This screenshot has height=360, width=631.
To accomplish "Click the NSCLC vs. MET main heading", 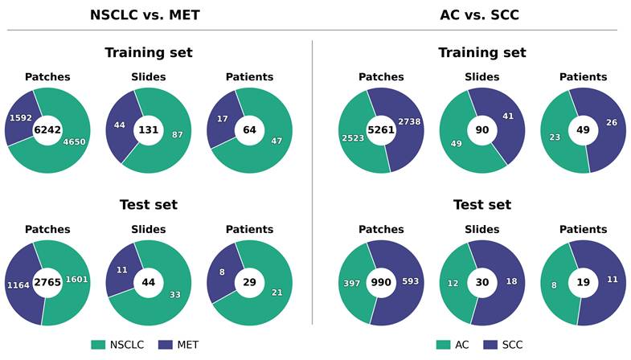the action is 145,15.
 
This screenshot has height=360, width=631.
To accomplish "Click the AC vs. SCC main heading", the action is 479,15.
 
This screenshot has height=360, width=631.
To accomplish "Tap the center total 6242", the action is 47,130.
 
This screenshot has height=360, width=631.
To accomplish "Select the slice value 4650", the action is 75,141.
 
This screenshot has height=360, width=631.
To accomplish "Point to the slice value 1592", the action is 21,118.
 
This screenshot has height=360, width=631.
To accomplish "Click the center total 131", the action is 149,130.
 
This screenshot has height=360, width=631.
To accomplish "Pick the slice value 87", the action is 178,135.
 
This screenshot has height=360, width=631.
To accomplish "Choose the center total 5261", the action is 381,130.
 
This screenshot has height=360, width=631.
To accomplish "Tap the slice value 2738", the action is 409,121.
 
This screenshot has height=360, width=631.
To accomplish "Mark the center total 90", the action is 482,130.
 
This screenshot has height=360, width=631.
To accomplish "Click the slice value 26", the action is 612,122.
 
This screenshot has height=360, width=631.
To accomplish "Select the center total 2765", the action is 47,282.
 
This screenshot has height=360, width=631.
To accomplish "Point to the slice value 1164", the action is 18,285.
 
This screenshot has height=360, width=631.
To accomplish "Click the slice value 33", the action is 175,295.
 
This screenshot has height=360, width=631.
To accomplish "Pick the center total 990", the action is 381,282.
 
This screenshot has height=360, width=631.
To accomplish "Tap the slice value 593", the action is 411,281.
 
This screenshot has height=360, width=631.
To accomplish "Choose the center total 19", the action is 583,282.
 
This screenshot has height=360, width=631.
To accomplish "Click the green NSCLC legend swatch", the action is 98,345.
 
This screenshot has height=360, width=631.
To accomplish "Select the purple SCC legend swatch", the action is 490,345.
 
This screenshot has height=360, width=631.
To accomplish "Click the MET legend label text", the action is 188,345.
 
